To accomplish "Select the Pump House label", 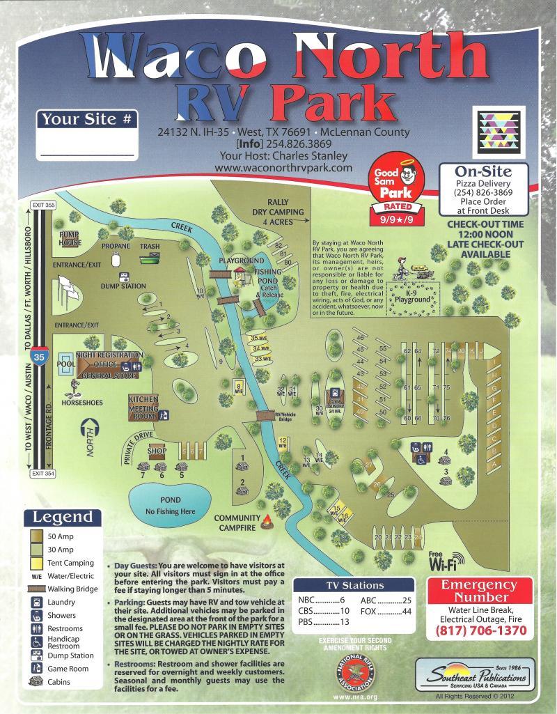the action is pos(70,239).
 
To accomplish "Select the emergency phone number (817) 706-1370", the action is pos(480,631).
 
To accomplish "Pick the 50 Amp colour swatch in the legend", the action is pos(37,536).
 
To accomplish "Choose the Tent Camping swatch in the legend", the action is pos(37,563).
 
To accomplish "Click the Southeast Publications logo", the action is pos(475,675).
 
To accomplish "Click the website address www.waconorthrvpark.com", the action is pos(283,168).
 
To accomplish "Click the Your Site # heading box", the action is pos(87,119).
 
